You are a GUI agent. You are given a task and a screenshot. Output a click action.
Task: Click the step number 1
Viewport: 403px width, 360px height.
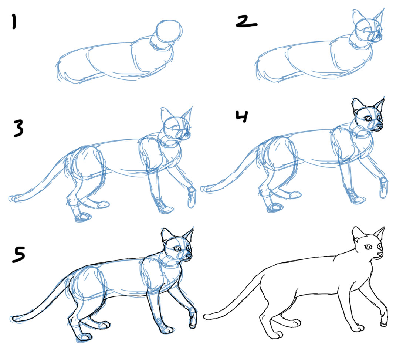[14, 22]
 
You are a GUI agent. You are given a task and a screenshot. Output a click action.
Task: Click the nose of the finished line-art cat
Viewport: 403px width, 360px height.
[380, 255]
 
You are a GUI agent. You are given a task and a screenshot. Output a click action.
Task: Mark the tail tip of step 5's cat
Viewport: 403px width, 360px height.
[14, 318]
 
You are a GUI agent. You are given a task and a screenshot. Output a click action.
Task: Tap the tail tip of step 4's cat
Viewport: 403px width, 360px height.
[204, 189]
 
